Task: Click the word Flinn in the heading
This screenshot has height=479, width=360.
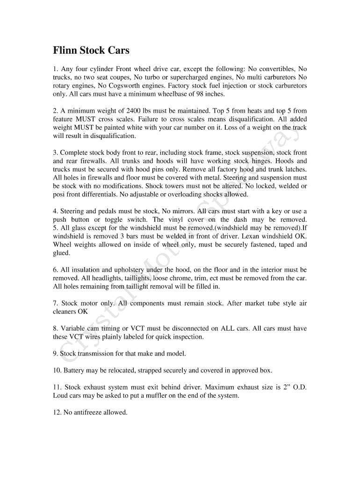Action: pyautogui.click(x=65, y=50)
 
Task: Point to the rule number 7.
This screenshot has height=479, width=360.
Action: pyautogui.click(x=55, y=303)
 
